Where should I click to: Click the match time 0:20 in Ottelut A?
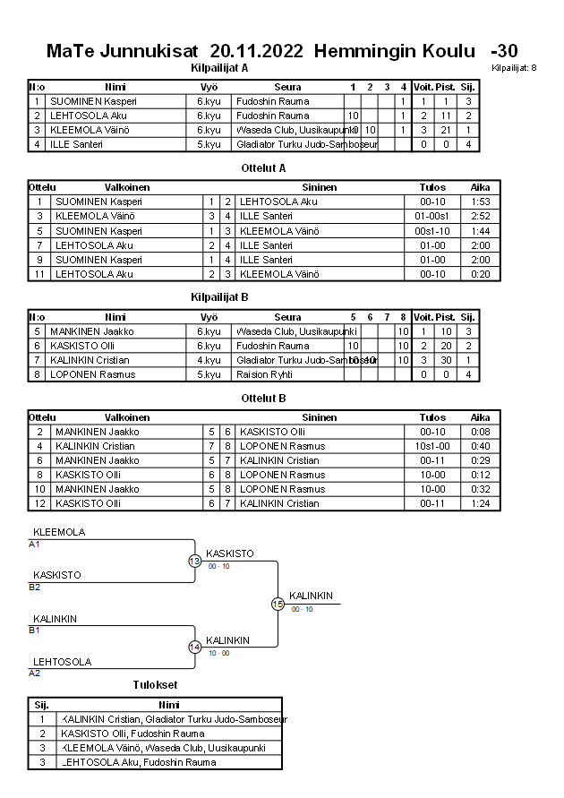pos(480,274)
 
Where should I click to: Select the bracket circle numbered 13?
pos(195,561)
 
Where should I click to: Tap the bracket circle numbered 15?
pos(278,604)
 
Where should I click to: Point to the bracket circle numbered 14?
pos(195,647)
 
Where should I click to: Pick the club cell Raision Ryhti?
pos(264,374)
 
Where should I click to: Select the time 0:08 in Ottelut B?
pos(480,432)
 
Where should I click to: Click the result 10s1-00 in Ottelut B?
pos(432,446)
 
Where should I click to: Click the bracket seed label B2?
pos(34,588)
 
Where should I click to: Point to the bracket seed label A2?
pos(34,673)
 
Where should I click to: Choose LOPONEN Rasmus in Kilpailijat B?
pos(85,374)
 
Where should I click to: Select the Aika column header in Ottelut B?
pos(480,416)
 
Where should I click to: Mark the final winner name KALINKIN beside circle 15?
pos(311,596)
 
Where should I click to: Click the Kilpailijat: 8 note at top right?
pos(515,68)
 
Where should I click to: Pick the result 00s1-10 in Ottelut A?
pos(432,231)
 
